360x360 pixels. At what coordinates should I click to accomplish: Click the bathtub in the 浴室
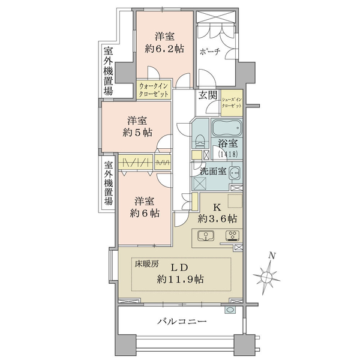226,127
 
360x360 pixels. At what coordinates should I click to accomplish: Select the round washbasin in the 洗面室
235,171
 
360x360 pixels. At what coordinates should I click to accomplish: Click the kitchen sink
206,236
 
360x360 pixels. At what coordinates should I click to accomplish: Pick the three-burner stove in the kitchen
233,236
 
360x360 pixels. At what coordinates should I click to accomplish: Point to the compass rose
267,277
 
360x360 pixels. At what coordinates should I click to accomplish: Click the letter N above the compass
272,256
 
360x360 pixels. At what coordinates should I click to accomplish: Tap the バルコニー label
182,321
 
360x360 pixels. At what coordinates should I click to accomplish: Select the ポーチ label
210,52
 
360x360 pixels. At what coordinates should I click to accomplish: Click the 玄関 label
208,95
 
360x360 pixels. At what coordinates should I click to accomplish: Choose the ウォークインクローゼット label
154,90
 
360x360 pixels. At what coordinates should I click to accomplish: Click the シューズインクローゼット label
232,103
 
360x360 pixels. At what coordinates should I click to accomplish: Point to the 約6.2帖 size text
164,49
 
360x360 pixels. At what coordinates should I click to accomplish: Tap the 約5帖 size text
137,133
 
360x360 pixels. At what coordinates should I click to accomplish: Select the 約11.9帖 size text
180,280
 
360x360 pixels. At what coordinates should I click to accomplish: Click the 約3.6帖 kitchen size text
217,219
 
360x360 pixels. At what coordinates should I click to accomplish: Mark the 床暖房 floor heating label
146,265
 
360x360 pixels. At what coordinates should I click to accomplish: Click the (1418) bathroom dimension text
228,154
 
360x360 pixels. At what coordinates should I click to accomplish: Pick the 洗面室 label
213,171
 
